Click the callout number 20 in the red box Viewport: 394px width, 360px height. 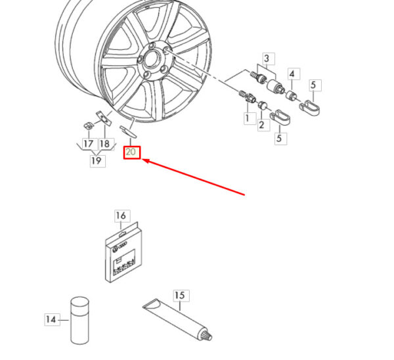point(131,152)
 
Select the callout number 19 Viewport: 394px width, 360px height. point(97,160)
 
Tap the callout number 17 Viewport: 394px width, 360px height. point(88,144)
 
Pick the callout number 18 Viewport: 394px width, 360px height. point(105,144)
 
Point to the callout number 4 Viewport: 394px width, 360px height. point(292,74)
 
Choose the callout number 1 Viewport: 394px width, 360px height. point(248,118)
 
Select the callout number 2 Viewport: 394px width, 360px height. point(261,125)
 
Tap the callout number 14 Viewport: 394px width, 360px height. point(51,319)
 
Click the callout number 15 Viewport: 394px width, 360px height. point(179,296)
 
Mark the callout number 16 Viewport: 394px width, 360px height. point(121,215)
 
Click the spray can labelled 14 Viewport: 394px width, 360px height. point(80,321)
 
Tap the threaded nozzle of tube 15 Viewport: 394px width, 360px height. point(207,335)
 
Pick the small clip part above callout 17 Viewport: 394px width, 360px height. point(88,125)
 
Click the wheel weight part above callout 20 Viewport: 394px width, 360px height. point(128,132)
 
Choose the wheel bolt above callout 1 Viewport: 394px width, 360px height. point(247,97)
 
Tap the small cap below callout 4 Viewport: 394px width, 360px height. point(291,96)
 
